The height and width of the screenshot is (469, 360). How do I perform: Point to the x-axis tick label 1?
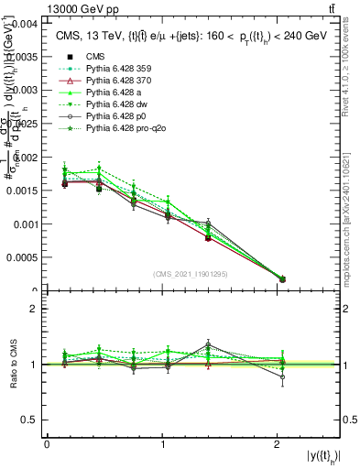click(162, 444)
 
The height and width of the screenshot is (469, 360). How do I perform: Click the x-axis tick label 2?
click(278, 444)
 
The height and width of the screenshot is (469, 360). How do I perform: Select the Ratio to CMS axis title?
click(14, 365)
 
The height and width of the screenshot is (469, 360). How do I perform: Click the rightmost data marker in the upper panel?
click(282, 278)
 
